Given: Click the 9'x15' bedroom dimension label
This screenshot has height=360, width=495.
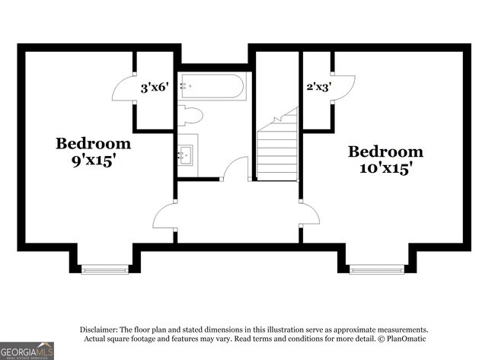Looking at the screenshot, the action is pyautogui.click(x=92, y=161).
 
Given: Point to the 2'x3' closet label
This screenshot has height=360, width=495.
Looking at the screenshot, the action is pyautogui.click(x=319, y=87).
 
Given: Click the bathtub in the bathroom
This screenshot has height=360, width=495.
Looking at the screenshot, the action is pyautogui.click(x=212, y=86).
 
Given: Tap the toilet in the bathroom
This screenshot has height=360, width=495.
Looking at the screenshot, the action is pyautogui.click(x=190, y=116).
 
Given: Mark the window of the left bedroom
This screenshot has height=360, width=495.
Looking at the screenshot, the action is pyautogui.click(x=105, y=269).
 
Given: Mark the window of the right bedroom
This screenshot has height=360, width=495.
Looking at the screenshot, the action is pyautogui.click(x=377, y=269).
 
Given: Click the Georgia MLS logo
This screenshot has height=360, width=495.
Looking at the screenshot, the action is pyautogui.click(x=27, y=351).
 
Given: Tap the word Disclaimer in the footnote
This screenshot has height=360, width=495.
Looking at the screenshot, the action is pyautogui.click(x=99, y=330).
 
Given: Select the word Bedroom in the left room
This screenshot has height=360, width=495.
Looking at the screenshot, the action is pyautogui.click(x=93, y=144).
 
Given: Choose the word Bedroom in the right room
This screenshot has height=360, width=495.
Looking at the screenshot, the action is pyautogui.click(x=385, y=151).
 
